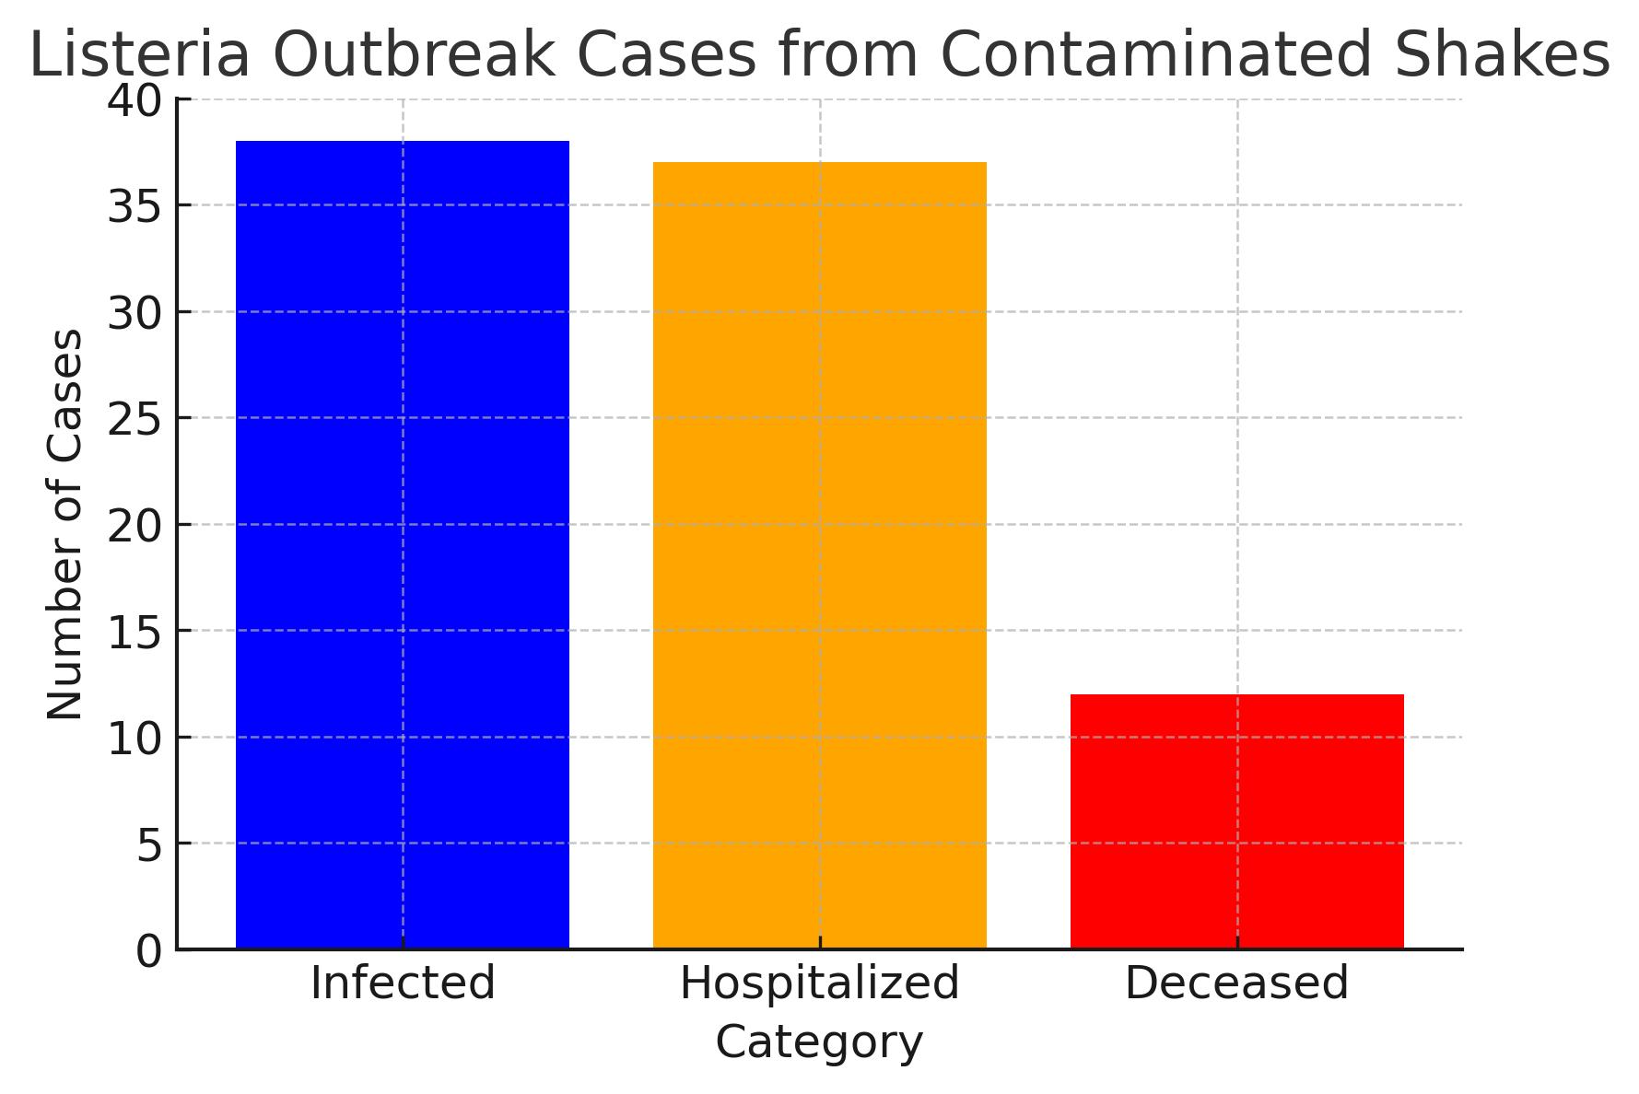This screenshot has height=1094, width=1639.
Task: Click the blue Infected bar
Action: point(403,544)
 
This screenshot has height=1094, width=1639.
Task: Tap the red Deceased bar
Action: point(1236,820)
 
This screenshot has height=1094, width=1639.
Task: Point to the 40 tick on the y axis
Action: point(134,99)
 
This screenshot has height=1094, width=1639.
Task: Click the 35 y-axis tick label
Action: point(134,206)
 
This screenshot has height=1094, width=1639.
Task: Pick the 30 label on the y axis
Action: point(134,313)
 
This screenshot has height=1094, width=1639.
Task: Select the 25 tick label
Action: point(134,419)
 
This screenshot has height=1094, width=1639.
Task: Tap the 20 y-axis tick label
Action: point(134,526)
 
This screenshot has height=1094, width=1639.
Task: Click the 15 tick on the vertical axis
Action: point(134,632)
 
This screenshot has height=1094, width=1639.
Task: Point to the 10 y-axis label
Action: point(134,739)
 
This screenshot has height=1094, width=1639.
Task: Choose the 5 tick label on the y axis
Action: point(148,844)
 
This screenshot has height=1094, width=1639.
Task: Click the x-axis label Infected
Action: point(403,983)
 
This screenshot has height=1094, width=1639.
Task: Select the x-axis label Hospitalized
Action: point(819,983)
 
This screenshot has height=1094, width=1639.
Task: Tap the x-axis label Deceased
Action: point(1236,983)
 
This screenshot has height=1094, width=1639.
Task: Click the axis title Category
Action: point(819,1043)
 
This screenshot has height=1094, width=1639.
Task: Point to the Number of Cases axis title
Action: point(64,524)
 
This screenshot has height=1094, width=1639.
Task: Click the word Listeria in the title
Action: point(140,55)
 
